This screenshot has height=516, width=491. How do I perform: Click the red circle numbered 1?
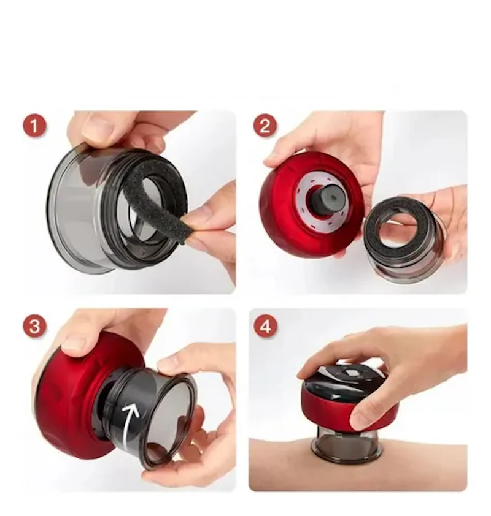click(x=34, y=126)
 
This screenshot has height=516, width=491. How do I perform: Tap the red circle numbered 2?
click(x=265, y=126)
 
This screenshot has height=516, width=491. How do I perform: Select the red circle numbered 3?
click(x=34, y=326)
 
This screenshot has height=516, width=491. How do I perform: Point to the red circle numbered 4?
click(x=266, y=327)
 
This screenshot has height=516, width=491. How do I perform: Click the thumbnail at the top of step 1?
click(x=96, y=127)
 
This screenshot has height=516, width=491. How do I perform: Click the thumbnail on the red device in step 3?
click(x=74, y=343)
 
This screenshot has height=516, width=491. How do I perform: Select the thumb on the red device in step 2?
click(x=280, y=157)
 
